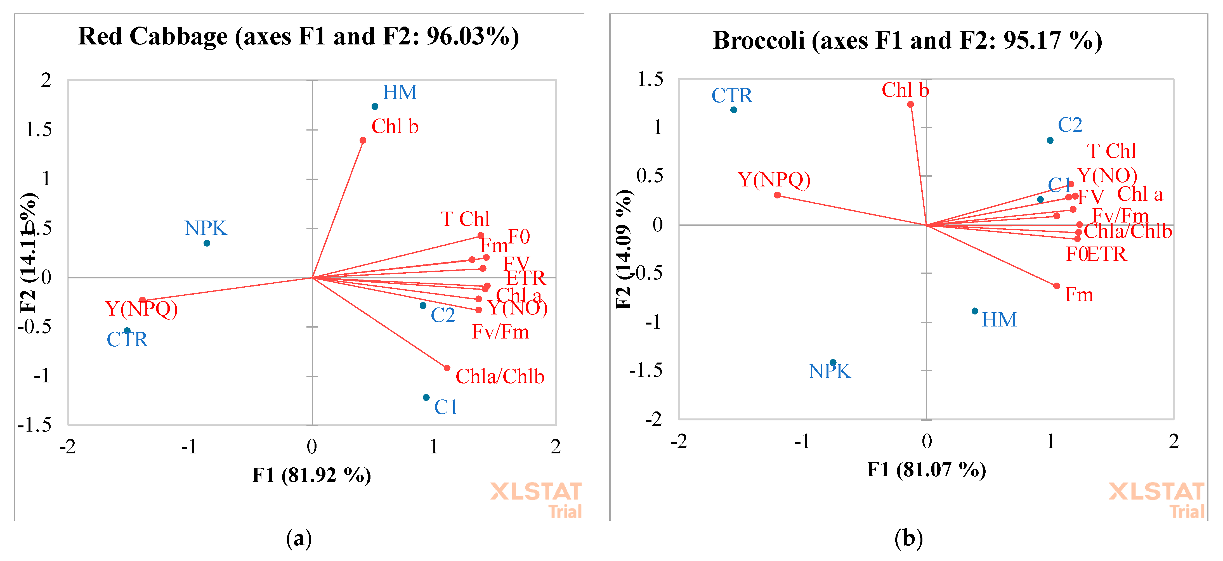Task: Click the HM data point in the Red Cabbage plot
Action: [375, 106]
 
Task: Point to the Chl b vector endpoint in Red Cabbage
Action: [363, 141]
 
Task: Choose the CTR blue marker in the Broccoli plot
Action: [733, 110]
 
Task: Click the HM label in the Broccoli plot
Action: [999, 320]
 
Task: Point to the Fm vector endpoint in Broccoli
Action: [1056, 286]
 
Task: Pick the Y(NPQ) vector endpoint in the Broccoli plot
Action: [777, 195]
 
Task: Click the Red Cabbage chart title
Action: [298, 37]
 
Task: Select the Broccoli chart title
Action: [907, 40]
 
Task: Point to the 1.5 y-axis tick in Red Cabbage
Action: [39, 130]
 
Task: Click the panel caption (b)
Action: [908, 539]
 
